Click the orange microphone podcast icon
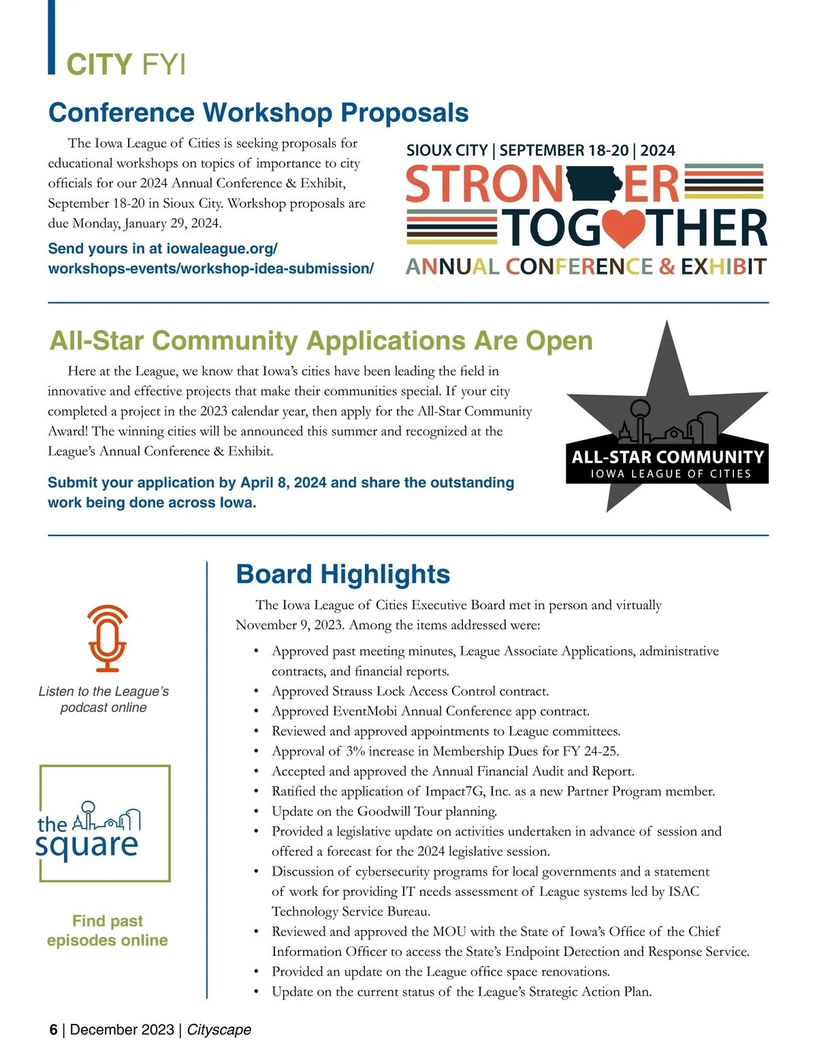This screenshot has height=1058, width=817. click(x=107, y=638)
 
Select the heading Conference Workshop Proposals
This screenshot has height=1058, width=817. click(x=258, y=112)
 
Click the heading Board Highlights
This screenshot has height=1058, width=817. click(x=342, y=574)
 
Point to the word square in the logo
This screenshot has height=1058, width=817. click(x=86, y=845)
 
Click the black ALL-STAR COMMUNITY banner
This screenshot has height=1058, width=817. click(x=667, y=463)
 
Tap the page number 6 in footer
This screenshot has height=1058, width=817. click(x=53, y=1029)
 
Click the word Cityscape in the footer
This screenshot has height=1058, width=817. click(x=219, y=1029)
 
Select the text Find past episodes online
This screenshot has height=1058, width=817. click(x=108, y=931)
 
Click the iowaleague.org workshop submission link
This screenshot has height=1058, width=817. click(x=210, y=259)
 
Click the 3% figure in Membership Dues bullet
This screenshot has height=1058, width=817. click(x=355, y=751)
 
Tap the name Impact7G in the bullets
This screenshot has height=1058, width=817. click(x=455, y=792)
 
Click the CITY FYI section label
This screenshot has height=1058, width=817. click(x=125, y=64)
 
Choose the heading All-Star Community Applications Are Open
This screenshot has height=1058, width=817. click(x=321, y=341)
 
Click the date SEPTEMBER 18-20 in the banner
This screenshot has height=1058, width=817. click(x=564, y=151)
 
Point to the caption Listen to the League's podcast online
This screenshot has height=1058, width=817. click(x=103, y=700)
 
